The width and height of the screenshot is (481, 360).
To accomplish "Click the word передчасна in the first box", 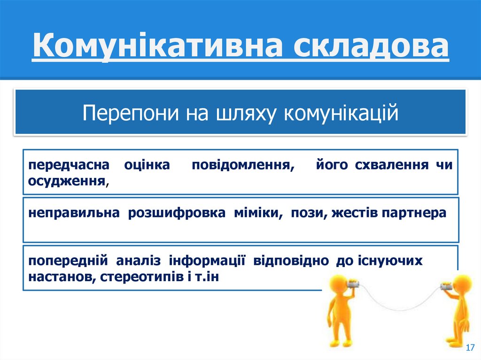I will click(68, 165).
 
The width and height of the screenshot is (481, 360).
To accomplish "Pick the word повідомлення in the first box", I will click(244, 165).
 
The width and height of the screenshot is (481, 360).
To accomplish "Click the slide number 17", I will click(469, 347).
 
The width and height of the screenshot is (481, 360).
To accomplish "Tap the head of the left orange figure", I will click(334, 284).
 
